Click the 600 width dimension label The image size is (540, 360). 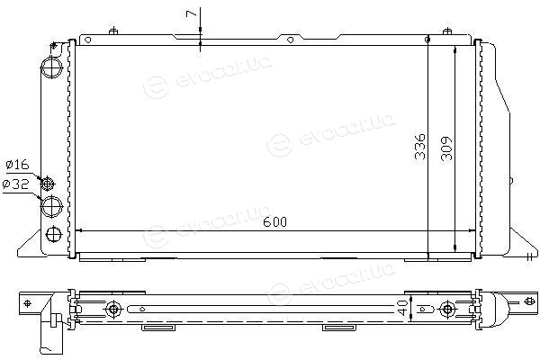(274, 222)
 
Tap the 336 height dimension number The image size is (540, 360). (419, 147)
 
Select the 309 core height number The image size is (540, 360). (446, 148)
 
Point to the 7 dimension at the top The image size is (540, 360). (191, 13)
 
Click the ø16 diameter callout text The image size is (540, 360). (18, 165)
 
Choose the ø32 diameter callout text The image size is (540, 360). (15, 184)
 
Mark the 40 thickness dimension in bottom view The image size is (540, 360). (402, 308)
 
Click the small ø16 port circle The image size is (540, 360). (48, 184)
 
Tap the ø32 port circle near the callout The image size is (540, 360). (51, 206)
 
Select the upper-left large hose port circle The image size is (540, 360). (51, 67)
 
